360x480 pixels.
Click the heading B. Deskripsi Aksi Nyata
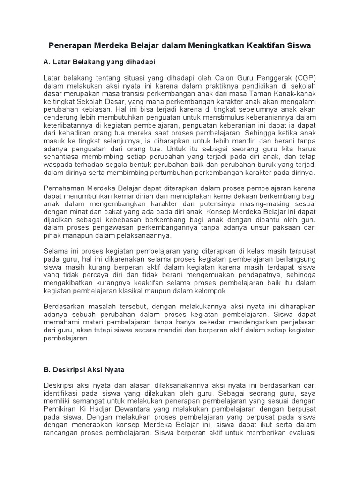click(x=84, y=369)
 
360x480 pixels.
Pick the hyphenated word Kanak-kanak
click(x=295, y=94)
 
